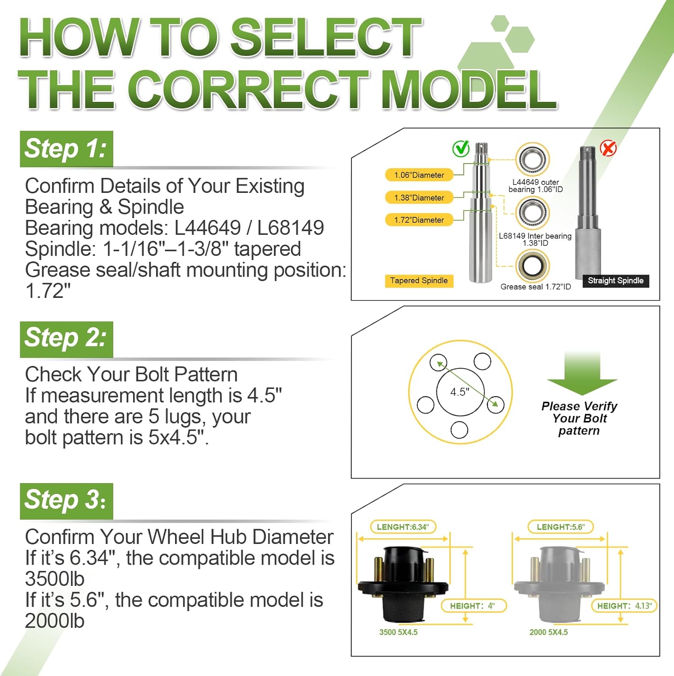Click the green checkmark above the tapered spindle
(x=461, y=148)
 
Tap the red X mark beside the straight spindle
(x=608, y=147)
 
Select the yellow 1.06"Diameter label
(x=419, y=175)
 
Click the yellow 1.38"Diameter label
(x=419, y=197)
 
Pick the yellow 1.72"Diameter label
(x=419, y=220)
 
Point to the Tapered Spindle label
(x=419, y=280)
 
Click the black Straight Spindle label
(x=615, y=280)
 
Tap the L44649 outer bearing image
(x=533, y=160)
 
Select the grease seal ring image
(x=533, y=266)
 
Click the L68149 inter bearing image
(x=533, y=212)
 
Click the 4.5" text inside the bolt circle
(x=460, y=392)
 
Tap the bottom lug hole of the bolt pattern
(x=459, y=429)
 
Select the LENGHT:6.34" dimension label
(x=403, y=527)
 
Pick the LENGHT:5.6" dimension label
(x=560, y=527)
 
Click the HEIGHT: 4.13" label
(x=624, y=606)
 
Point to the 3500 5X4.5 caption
(x=398, y=632)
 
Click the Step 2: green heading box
(x=66, y=339)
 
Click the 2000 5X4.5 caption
(x=549, y=632)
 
